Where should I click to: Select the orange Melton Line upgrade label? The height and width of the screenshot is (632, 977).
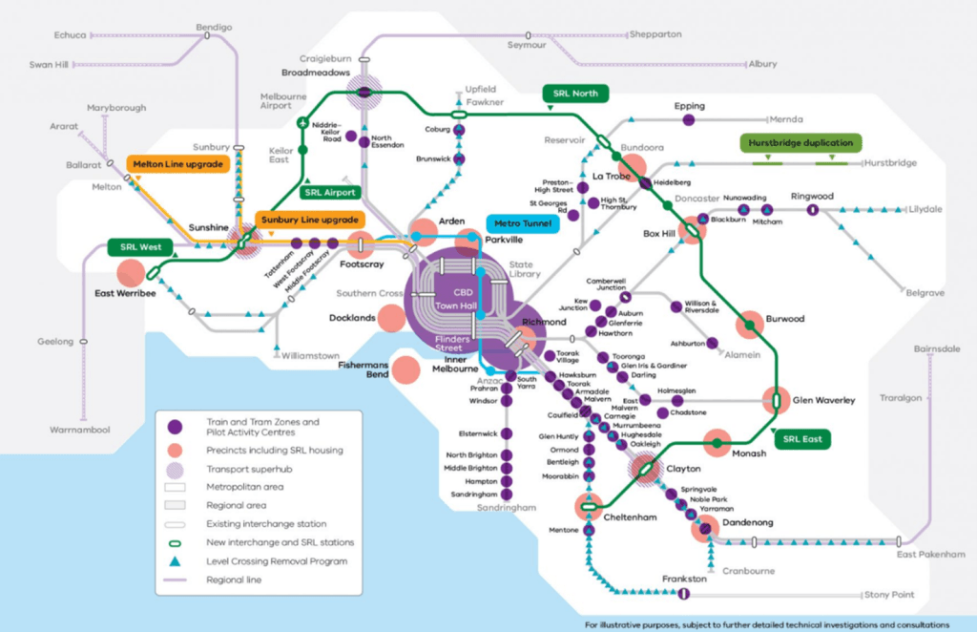(x=178, y=164)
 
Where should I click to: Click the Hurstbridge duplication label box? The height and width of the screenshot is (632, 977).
(x=800, y=143)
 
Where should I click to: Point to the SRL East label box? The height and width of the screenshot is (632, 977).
(x=801, y=440)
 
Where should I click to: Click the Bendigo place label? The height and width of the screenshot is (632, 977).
(x=213, y=28)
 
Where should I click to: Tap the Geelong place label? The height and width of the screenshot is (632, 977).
(x=56, y=340)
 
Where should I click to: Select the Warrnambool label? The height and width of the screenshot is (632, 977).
(x=80, y=430)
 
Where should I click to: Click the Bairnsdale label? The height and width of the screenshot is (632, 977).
(x=936, y=350)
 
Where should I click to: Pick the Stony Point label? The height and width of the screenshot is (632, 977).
(x=889, y=595)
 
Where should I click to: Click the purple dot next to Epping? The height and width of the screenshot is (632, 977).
(x=688, y=119)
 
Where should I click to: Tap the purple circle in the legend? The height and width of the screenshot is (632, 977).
(x=175, y=426)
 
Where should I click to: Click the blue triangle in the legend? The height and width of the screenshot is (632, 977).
(x=175, y=560)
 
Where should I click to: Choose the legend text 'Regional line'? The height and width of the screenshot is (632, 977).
(x=233, y=579)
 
